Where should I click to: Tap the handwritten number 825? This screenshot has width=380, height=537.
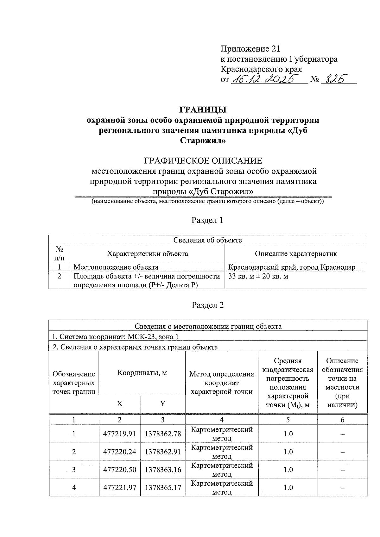click(335, 78)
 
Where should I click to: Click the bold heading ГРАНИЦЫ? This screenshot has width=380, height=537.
click(203, 110)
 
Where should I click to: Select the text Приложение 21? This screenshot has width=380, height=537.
click(250, 49)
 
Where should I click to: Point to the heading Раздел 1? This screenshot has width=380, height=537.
click(207, 220)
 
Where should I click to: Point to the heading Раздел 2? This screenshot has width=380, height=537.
click(207, 305)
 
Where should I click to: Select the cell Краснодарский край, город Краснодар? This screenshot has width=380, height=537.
click(292, 267)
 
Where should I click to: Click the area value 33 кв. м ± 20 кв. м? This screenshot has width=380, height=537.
click(258, 277)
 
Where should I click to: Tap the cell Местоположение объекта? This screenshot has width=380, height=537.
click(116, 267)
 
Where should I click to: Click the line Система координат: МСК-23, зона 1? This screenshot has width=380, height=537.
click(117, 337)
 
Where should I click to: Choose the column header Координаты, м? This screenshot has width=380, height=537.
click(142, 372)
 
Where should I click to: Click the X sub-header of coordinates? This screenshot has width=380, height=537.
click(119, 403)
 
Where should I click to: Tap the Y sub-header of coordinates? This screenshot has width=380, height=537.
click(162, 403)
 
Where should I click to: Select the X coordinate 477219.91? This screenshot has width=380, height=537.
click(119, 434)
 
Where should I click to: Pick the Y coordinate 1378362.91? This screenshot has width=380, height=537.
click(163, 452)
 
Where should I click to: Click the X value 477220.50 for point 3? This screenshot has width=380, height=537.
click(119, 470)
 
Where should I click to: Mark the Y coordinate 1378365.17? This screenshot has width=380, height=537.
click(163, 488)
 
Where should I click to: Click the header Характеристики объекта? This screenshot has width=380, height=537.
click(147, 254)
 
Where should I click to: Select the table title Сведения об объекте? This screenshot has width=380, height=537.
click(207, 240)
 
